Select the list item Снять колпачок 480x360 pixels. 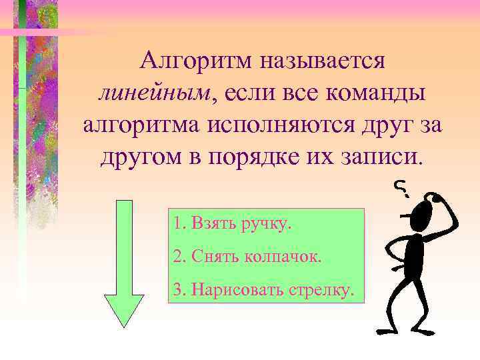point(247,256)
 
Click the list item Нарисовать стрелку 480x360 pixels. point(264,290)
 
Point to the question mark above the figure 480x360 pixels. point(401,189)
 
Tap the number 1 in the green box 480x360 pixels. point(177,223)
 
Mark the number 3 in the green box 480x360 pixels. point(177,290)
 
